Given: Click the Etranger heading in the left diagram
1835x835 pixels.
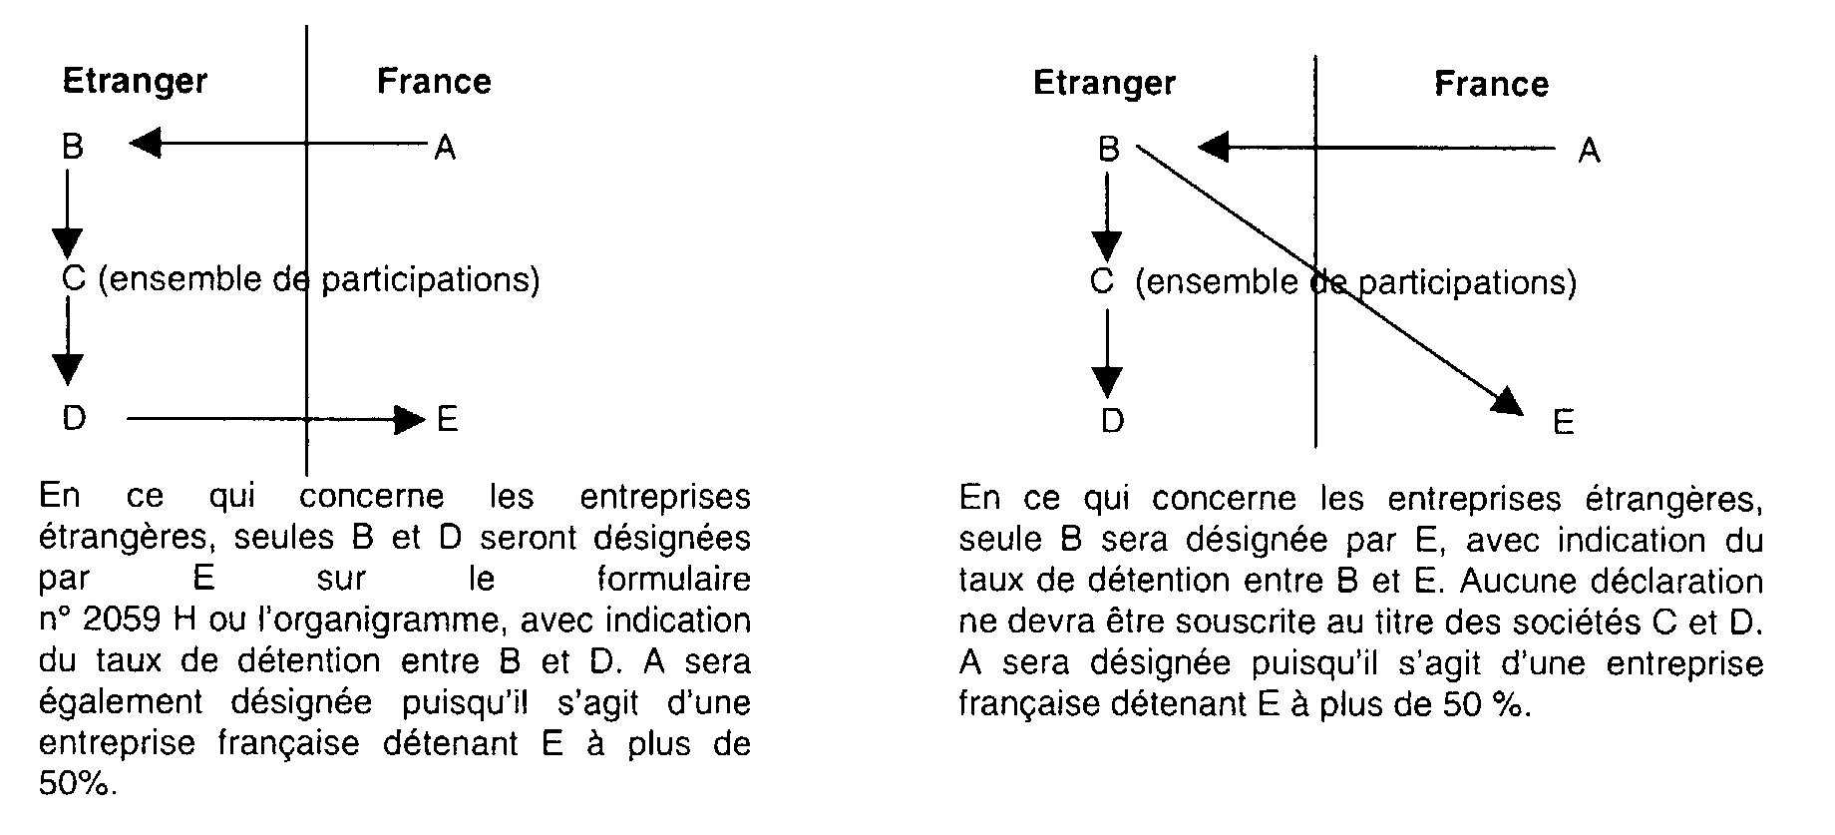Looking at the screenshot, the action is point(135,82).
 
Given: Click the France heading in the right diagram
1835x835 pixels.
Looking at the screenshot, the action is point(1491,84).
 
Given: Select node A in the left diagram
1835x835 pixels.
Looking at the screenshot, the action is point(445,149).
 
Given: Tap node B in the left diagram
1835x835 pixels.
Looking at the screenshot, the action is point(73,147).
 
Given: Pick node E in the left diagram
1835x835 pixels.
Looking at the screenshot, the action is point(448,419).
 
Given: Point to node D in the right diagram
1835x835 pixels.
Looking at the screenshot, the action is point(1112,421).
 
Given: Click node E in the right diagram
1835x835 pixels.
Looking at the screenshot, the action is point(1563,423).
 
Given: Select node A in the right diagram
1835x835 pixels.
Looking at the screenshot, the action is point(1589,151).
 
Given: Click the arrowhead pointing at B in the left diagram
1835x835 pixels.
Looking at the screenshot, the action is point(146,146).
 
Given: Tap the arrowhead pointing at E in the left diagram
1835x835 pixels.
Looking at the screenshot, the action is point(410,420).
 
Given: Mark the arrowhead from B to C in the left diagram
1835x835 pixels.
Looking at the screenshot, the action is point(68,242).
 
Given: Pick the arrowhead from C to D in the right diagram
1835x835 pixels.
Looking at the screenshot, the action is point(1107,382).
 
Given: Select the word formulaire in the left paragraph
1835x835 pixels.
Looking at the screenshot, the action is point(673,580).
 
